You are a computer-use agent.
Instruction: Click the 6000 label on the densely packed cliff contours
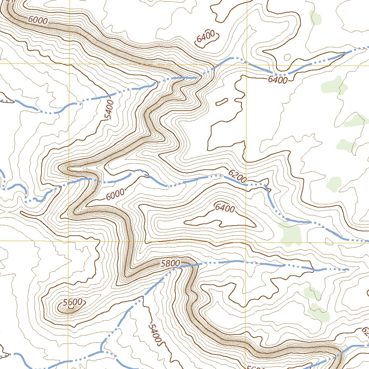(37, 21)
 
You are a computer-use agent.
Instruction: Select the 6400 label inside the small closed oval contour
(206, 37)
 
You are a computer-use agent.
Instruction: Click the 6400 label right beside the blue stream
(277, 80)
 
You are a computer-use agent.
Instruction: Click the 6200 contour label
(238, 175)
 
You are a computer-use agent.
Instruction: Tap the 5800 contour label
(170, 263)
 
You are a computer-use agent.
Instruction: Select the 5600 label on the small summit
(72, 302)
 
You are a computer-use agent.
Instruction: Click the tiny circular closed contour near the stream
(287, 57)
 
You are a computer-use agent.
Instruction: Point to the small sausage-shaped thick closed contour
(221, 102)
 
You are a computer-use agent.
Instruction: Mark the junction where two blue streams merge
(102, 351)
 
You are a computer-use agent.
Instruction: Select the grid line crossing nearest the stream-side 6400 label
(246, 63)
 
